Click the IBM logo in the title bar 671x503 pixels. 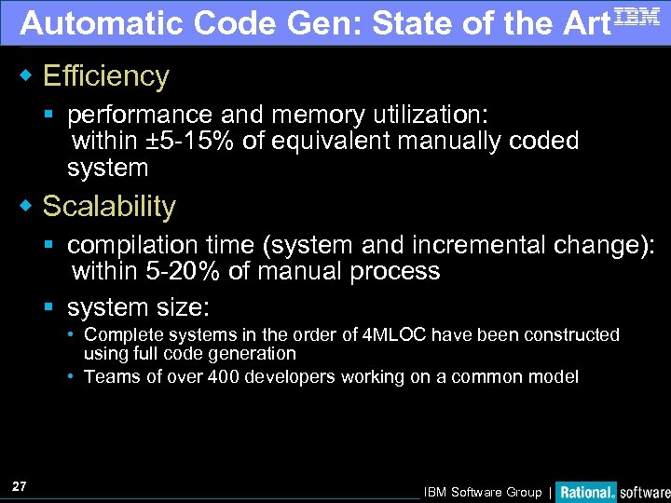[637, 18]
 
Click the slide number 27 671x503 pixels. [20, 486]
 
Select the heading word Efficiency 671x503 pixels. [106, 76]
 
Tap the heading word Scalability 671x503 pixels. [109, 206]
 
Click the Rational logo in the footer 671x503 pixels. [586, 492]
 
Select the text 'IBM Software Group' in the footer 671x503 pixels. [482, 492]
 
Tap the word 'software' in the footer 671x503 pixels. [645, 492]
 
